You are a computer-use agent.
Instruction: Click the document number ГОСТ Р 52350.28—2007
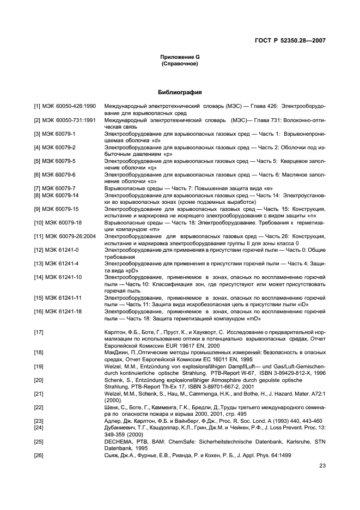(294, 40)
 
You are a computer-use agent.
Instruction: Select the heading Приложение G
(180, 57)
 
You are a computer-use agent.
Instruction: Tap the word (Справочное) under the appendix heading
(180, 64)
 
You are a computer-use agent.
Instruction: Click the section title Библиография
(180, 92)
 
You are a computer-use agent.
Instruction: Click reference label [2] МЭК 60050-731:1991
(65, 119)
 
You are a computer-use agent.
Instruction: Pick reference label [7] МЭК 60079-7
(55, 187)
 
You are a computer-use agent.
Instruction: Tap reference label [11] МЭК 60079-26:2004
(66, 236)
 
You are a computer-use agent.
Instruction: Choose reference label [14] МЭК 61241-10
(58, 277)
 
